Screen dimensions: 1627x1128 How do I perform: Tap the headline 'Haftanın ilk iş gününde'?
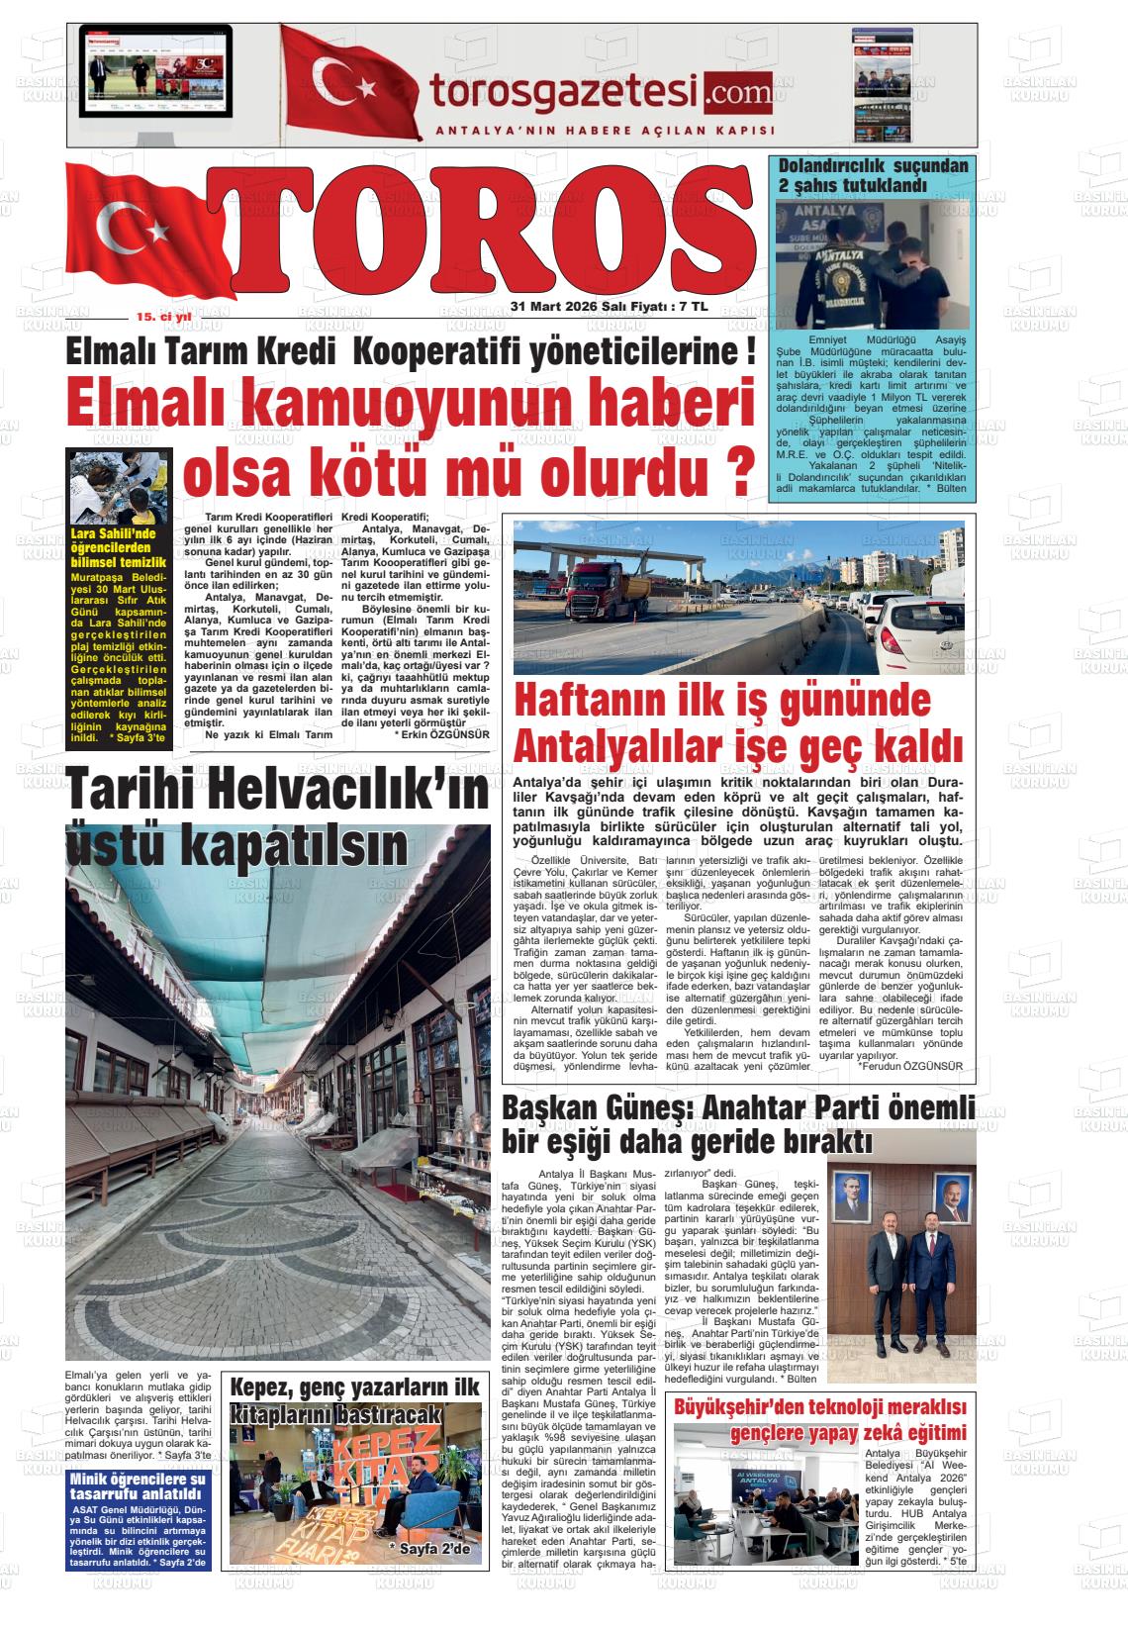[x=723, y=701]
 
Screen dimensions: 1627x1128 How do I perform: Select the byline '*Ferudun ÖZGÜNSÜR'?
[x=910, y=1066]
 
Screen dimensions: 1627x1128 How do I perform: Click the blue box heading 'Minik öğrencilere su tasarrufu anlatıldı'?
[x=138, y=1485]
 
